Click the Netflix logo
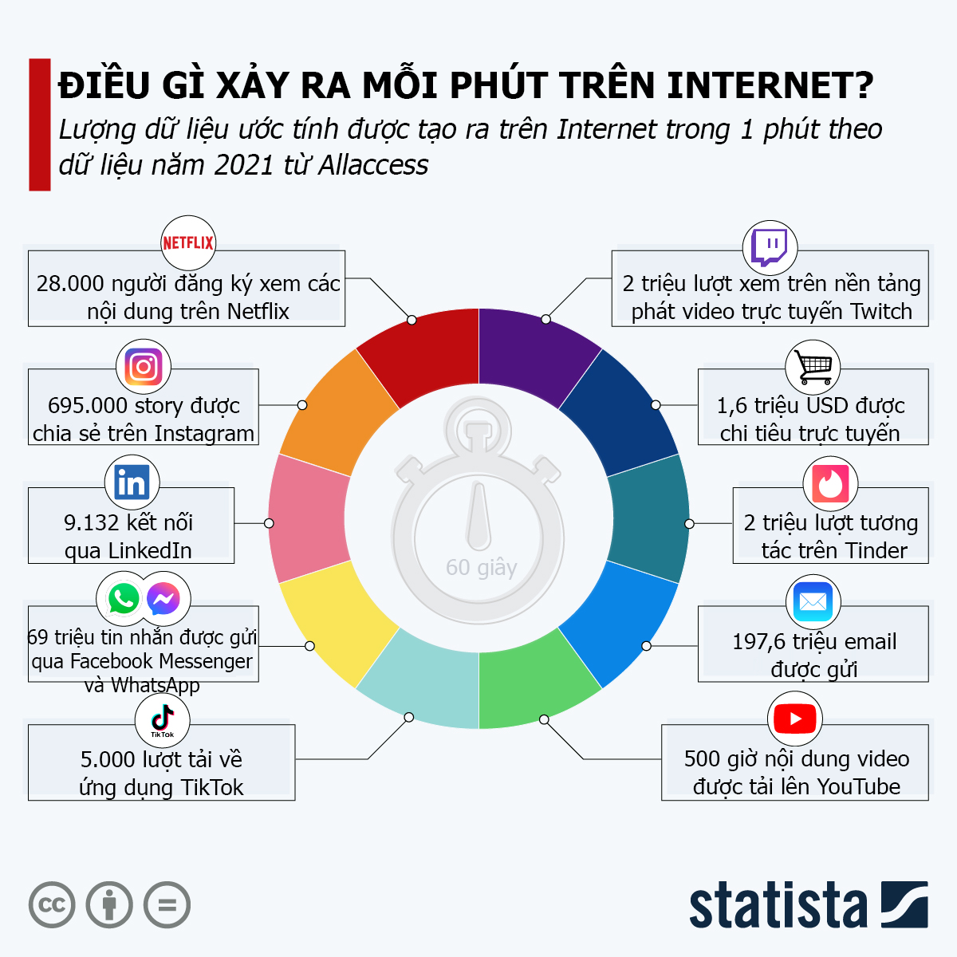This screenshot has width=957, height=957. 188,242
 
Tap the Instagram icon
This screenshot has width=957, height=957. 144,367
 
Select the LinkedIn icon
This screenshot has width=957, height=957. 132,483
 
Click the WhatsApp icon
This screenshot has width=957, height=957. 124,598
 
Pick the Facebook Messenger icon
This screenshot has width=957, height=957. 163,598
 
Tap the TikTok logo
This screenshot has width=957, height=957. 163,720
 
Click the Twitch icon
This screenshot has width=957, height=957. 770,247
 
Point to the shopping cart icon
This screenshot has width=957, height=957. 813,367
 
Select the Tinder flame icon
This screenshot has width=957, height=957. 830,483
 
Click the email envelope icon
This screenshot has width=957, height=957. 813,601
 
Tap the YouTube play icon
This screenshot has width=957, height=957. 795,719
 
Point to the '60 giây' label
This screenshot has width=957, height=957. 481,568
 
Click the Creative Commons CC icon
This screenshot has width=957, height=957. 52,905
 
